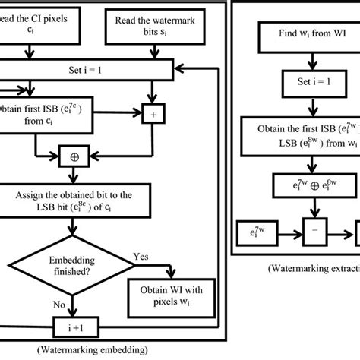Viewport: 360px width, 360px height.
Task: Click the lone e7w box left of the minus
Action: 254,229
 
